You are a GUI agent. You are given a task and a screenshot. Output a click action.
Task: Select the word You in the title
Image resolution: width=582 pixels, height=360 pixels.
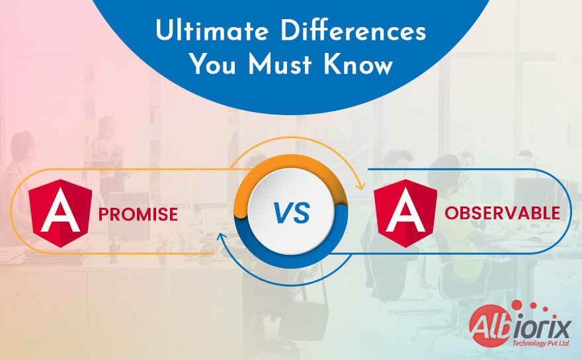(210, 65)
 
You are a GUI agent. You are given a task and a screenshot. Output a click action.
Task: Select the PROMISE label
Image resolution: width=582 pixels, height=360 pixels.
(138, 214)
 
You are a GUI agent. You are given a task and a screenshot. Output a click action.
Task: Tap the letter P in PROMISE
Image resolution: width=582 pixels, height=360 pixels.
(104, 214)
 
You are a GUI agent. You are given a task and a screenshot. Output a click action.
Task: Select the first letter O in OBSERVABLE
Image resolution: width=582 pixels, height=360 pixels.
(450, 213)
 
